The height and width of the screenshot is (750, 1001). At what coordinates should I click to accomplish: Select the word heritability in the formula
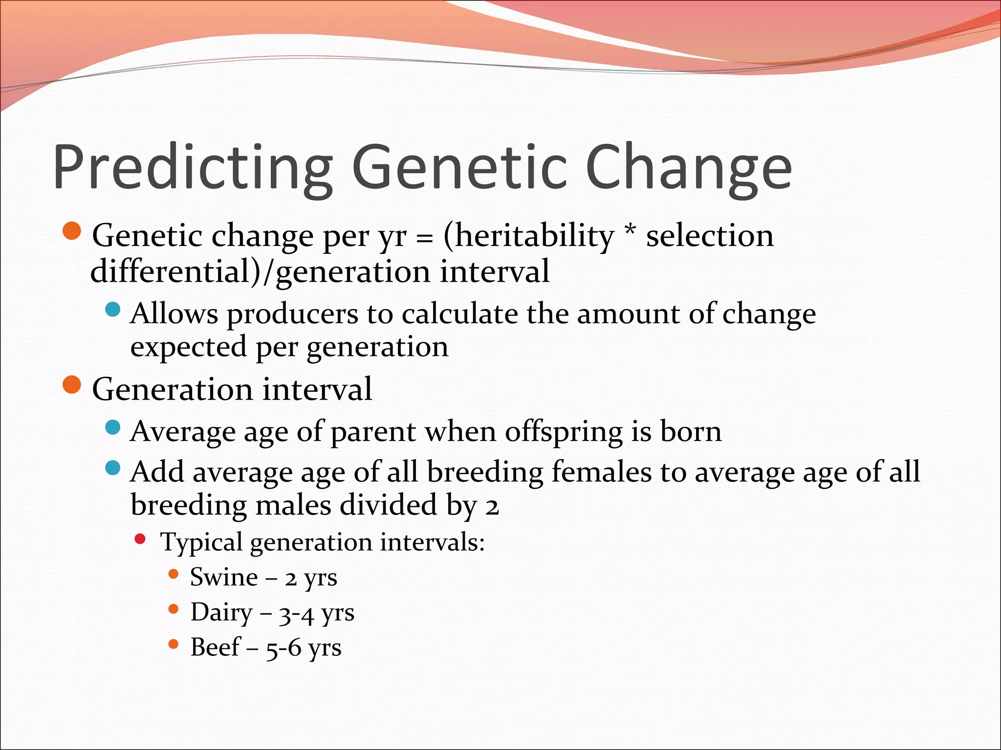[528, 236]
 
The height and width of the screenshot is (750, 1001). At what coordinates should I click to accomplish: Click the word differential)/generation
[260, 272]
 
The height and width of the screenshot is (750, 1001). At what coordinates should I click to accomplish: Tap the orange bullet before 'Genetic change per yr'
[72, 230]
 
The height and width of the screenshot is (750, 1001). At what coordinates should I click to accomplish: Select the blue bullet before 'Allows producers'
[113, 309]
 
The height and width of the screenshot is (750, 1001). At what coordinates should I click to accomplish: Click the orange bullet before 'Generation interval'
[72, 384]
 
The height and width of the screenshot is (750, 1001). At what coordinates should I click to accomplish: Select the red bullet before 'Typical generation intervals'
[140, 539]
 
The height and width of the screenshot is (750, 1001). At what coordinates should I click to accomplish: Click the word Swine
[224, 577]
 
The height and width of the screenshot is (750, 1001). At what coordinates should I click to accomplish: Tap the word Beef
[215, 647]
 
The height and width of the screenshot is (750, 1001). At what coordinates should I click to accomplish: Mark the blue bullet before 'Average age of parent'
[113, 428]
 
